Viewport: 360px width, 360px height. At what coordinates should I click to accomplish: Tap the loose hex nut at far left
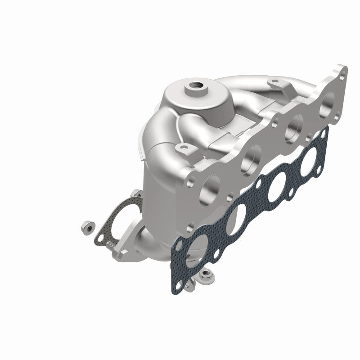coord(87,227)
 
